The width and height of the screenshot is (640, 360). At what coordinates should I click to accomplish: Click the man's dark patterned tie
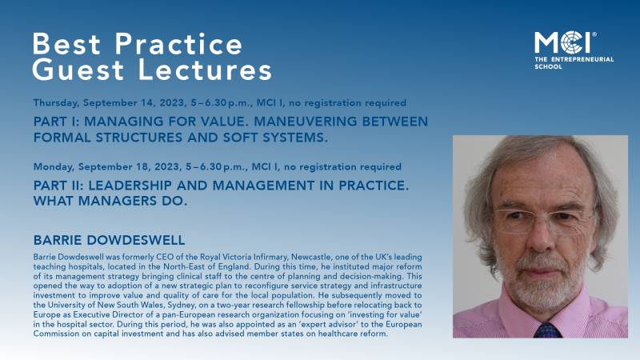(x=547, y=329)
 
